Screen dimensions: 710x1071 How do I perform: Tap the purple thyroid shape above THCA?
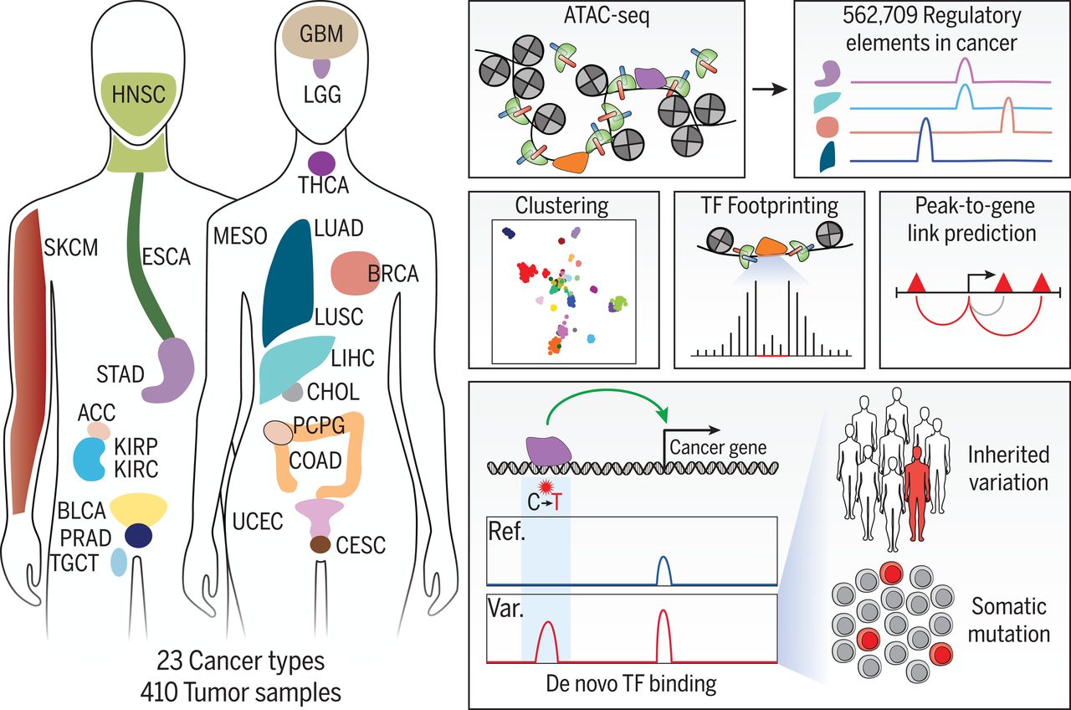(x=322, y=162)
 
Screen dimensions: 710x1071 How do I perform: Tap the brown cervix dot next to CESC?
(x=320, y=545)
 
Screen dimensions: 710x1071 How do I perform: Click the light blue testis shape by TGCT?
(x=119, y=562)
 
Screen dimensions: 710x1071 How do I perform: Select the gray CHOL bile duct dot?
(x=292, y=391)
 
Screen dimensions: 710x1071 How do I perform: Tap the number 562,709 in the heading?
(x=876, y=15)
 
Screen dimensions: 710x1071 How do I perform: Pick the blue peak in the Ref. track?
(x=664, y=569)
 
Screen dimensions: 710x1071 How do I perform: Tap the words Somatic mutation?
(x=1008, y=619)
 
